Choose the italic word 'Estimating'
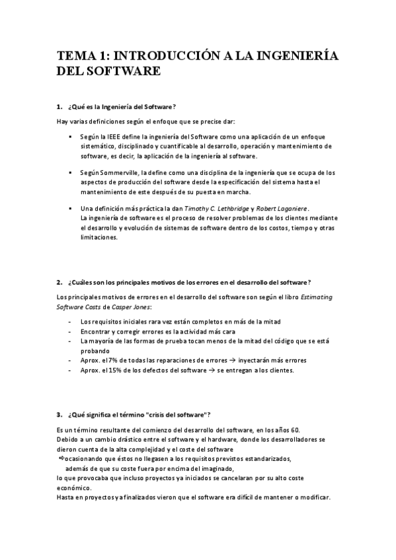tap(317, 297)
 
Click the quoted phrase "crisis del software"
tap(176, 414)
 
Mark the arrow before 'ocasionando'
tap(59, 458)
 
